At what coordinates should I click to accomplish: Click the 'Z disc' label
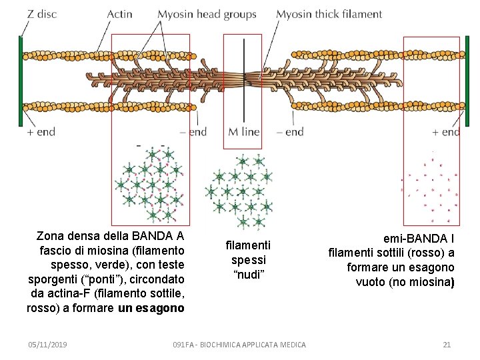point(42,14)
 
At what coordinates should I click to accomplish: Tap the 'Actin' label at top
point(119,14)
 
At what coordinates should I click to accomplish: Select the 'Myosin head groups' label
point(207,14)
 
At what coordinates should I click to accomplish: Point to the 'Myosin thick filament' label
point(329,14)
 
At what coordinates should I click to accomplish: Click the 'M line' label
point(243,132)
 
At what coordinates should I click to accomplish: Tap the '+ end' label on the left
point(41,132)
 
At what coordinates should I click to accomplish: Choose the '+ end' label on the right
point(445,132)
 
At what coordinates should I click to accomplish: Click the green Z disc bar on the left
point(21,81)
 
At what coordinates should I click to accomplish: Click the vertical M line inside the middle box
point(243,80)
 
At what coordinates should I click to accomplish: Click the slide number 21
point(447,345)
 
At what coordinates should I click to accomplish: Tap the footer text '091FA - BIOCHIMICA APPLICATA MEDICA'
point(239,345)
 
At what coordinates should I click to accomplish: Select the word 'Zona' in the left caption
point(51,235)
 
